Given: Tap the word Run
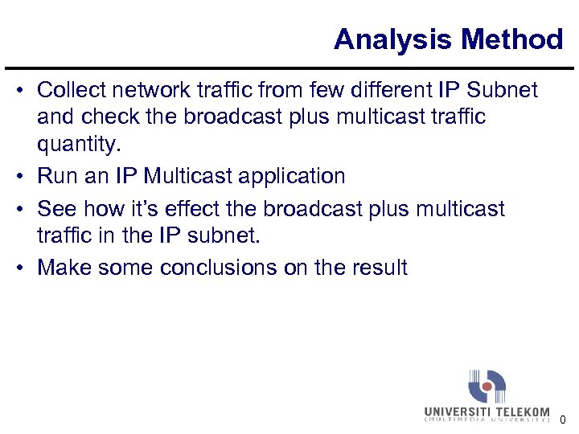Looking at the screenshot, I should click(55, 176).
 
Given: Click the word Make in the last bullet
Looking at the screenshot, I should click(64, 267).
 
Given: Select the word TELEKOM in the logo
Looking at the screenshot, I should click(520, 411).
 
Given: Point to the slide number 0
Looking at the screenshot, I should click(563, 420).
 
